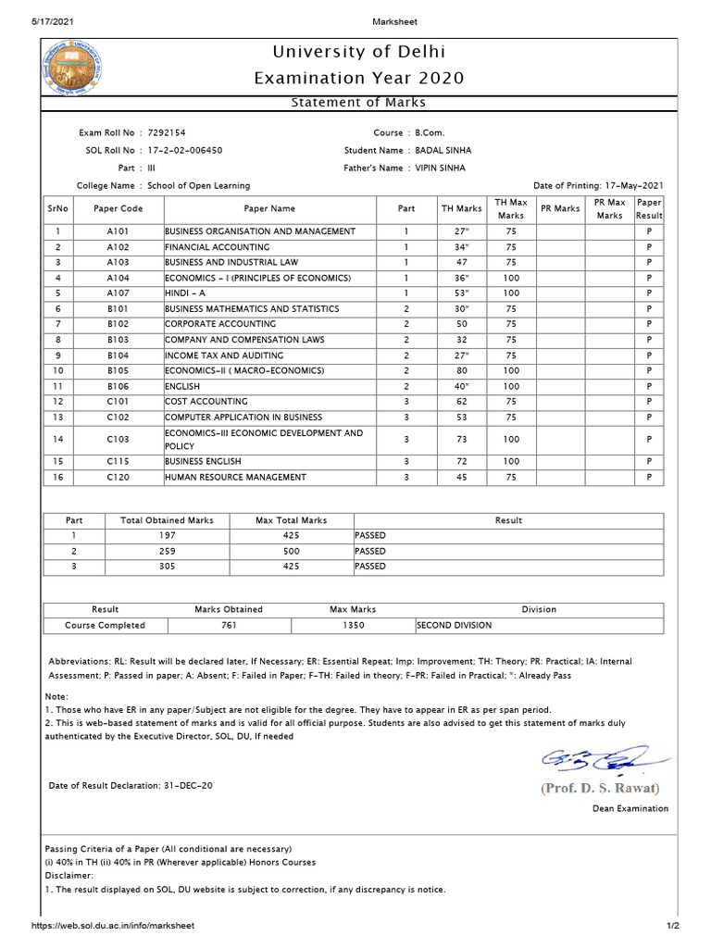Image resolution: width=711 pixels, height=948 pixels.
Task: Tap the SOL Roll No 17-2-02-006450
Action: (185, 150)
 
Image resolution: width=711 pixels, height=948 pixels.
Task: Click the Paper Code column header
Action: (118, 208)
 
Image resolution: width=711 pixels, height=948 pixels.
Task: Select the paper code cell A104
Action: (118, 278)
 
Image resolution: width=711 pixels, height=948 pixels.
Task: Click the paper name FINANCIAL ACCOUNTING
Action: (218, 247)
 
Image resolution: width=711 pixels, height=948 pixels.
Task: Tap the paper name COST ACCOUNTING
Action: (206, 402)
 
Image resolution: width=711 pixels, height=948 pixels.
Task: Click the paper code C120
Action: (118, 478)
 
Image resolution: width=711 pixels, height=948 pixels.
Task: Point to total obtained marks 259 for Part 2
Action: (168, 551)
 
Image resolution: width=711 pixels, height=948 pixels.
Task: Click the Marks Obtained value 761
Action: (229, 625)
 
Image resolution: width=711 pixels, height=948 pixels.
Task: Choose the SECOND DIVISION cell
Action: (455, 625)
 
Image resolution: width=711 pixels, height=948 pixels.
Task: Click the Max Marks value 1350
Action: (353, 625)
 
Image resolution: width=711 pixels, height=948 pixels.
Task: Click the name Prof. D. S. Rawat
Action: (601, 789)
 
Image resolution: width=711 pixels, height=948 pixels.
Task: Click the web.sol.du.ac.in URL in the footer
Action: (113, 926)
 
